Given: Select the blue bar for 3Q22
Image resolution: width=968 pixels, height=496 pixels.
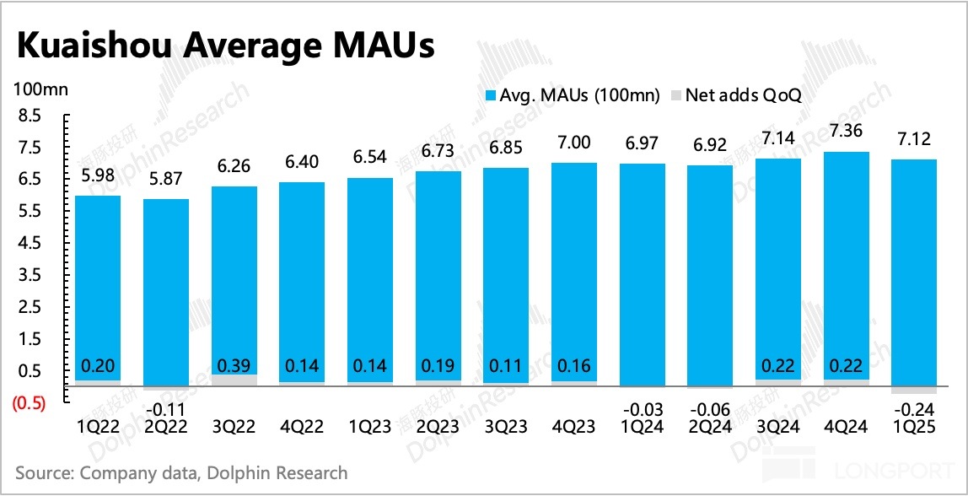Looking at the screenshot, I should pyautogui.click(x=234, y=278).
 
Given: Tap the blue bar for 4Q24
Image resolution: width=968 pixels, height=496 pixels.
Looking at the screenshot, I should pyautogui.click(x=846, y=261).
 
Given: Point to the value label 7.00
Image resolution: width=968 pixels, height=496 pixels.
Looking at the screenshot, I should pyautogui.click(x=574, y=143).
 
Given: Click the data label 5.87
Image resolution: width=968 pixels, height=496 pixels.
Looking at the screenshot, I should pyautogui.click(x=165, y=179).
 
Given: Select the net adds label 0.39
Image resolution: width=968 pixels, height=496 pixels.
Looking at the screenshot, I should pyautogui.click(x=234, y=367).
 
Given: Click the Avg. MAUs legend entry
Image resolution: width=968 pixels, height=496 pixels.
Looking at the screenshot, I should pyautogui.click(x=573, y=94).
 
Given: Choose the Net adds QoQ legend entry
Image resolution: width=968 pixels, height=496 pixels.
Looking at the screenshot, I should pyautogui.click(x=734, y=94).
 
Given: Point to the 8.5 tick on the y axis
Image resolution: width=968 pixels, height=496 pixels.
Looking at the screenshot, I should pyautogui.click(x=29, y=116).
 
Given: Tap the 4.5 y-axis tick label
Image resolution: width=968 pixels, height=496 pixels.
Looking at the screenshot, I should pyautogui.click(x=29, y=244).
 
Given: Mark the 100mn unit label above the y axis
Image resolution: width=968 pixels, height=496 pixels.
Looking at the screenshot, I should pyautogui.click(x=40, y=89).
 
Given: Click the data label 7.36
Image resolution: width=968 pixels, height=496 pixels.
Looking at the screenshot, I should pyautogui.click(x=846, y=131).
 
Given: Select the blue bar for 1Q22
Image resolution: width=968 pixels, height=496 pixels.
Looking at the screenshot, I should pyautogui.click(x=98, y=287).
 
